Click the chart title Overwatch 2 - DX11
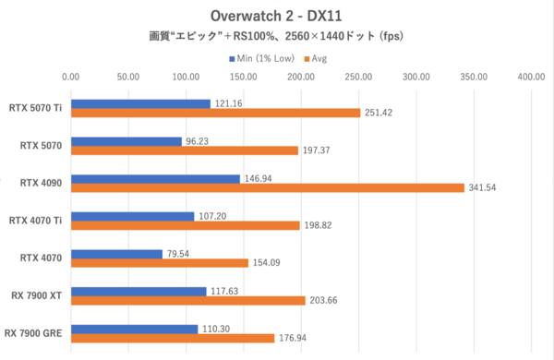(276, 17)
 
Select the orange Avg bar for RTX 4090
(267, 187)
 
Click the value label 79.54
(181, 254)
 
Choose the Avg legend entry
(316, 58)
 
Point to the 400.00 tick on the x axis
(532, 77)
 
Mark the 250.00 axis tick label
(358, 77)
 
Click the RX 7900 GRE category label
(34, 332)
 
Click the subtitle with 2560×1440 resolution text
(276, 38)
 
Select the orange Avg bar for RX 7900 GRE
(172, 338)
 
